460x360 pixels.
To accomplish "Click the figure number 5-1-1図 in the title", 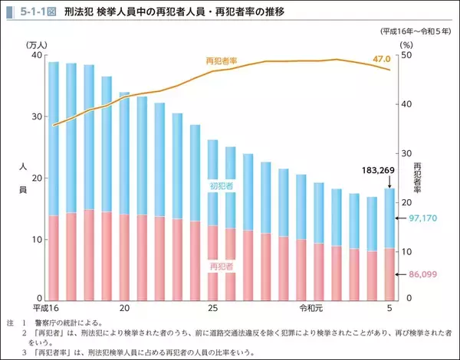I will (34, 12).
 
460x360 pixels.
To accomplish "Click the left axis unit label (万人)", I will (36, 46).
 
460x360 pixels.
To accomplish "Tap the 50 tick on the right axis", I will (407, 56).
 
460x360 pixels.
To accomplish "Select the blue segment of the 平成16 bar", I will (54, 138).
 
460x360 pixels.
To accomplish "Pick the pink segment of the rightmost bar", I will (389, 273).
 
